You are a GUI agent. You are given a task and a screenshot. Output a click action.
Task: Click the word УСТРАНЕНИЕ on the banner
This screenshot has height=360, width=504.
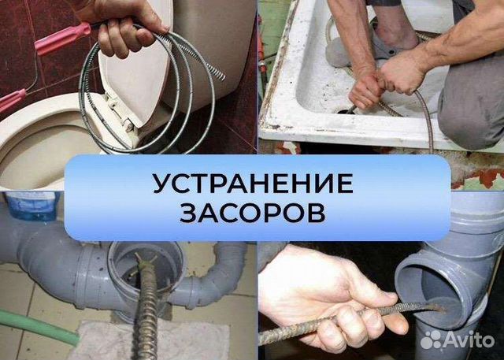pyautogui.click(x=252, y=184)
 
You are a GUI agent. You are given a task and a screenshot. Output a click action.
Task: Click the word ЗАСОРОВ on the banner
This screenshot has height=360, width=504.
pyautogui.click(x=252, y=213)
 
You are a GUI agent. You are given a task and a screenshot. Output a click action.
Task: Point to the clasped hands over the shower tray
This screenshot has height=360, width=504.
pyautogui.click(x=386, y=79)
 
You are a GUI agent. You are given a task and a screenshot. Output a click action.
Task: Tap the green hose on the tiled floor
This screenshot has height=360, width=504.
pyautogui.click(x=31, y=322)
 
